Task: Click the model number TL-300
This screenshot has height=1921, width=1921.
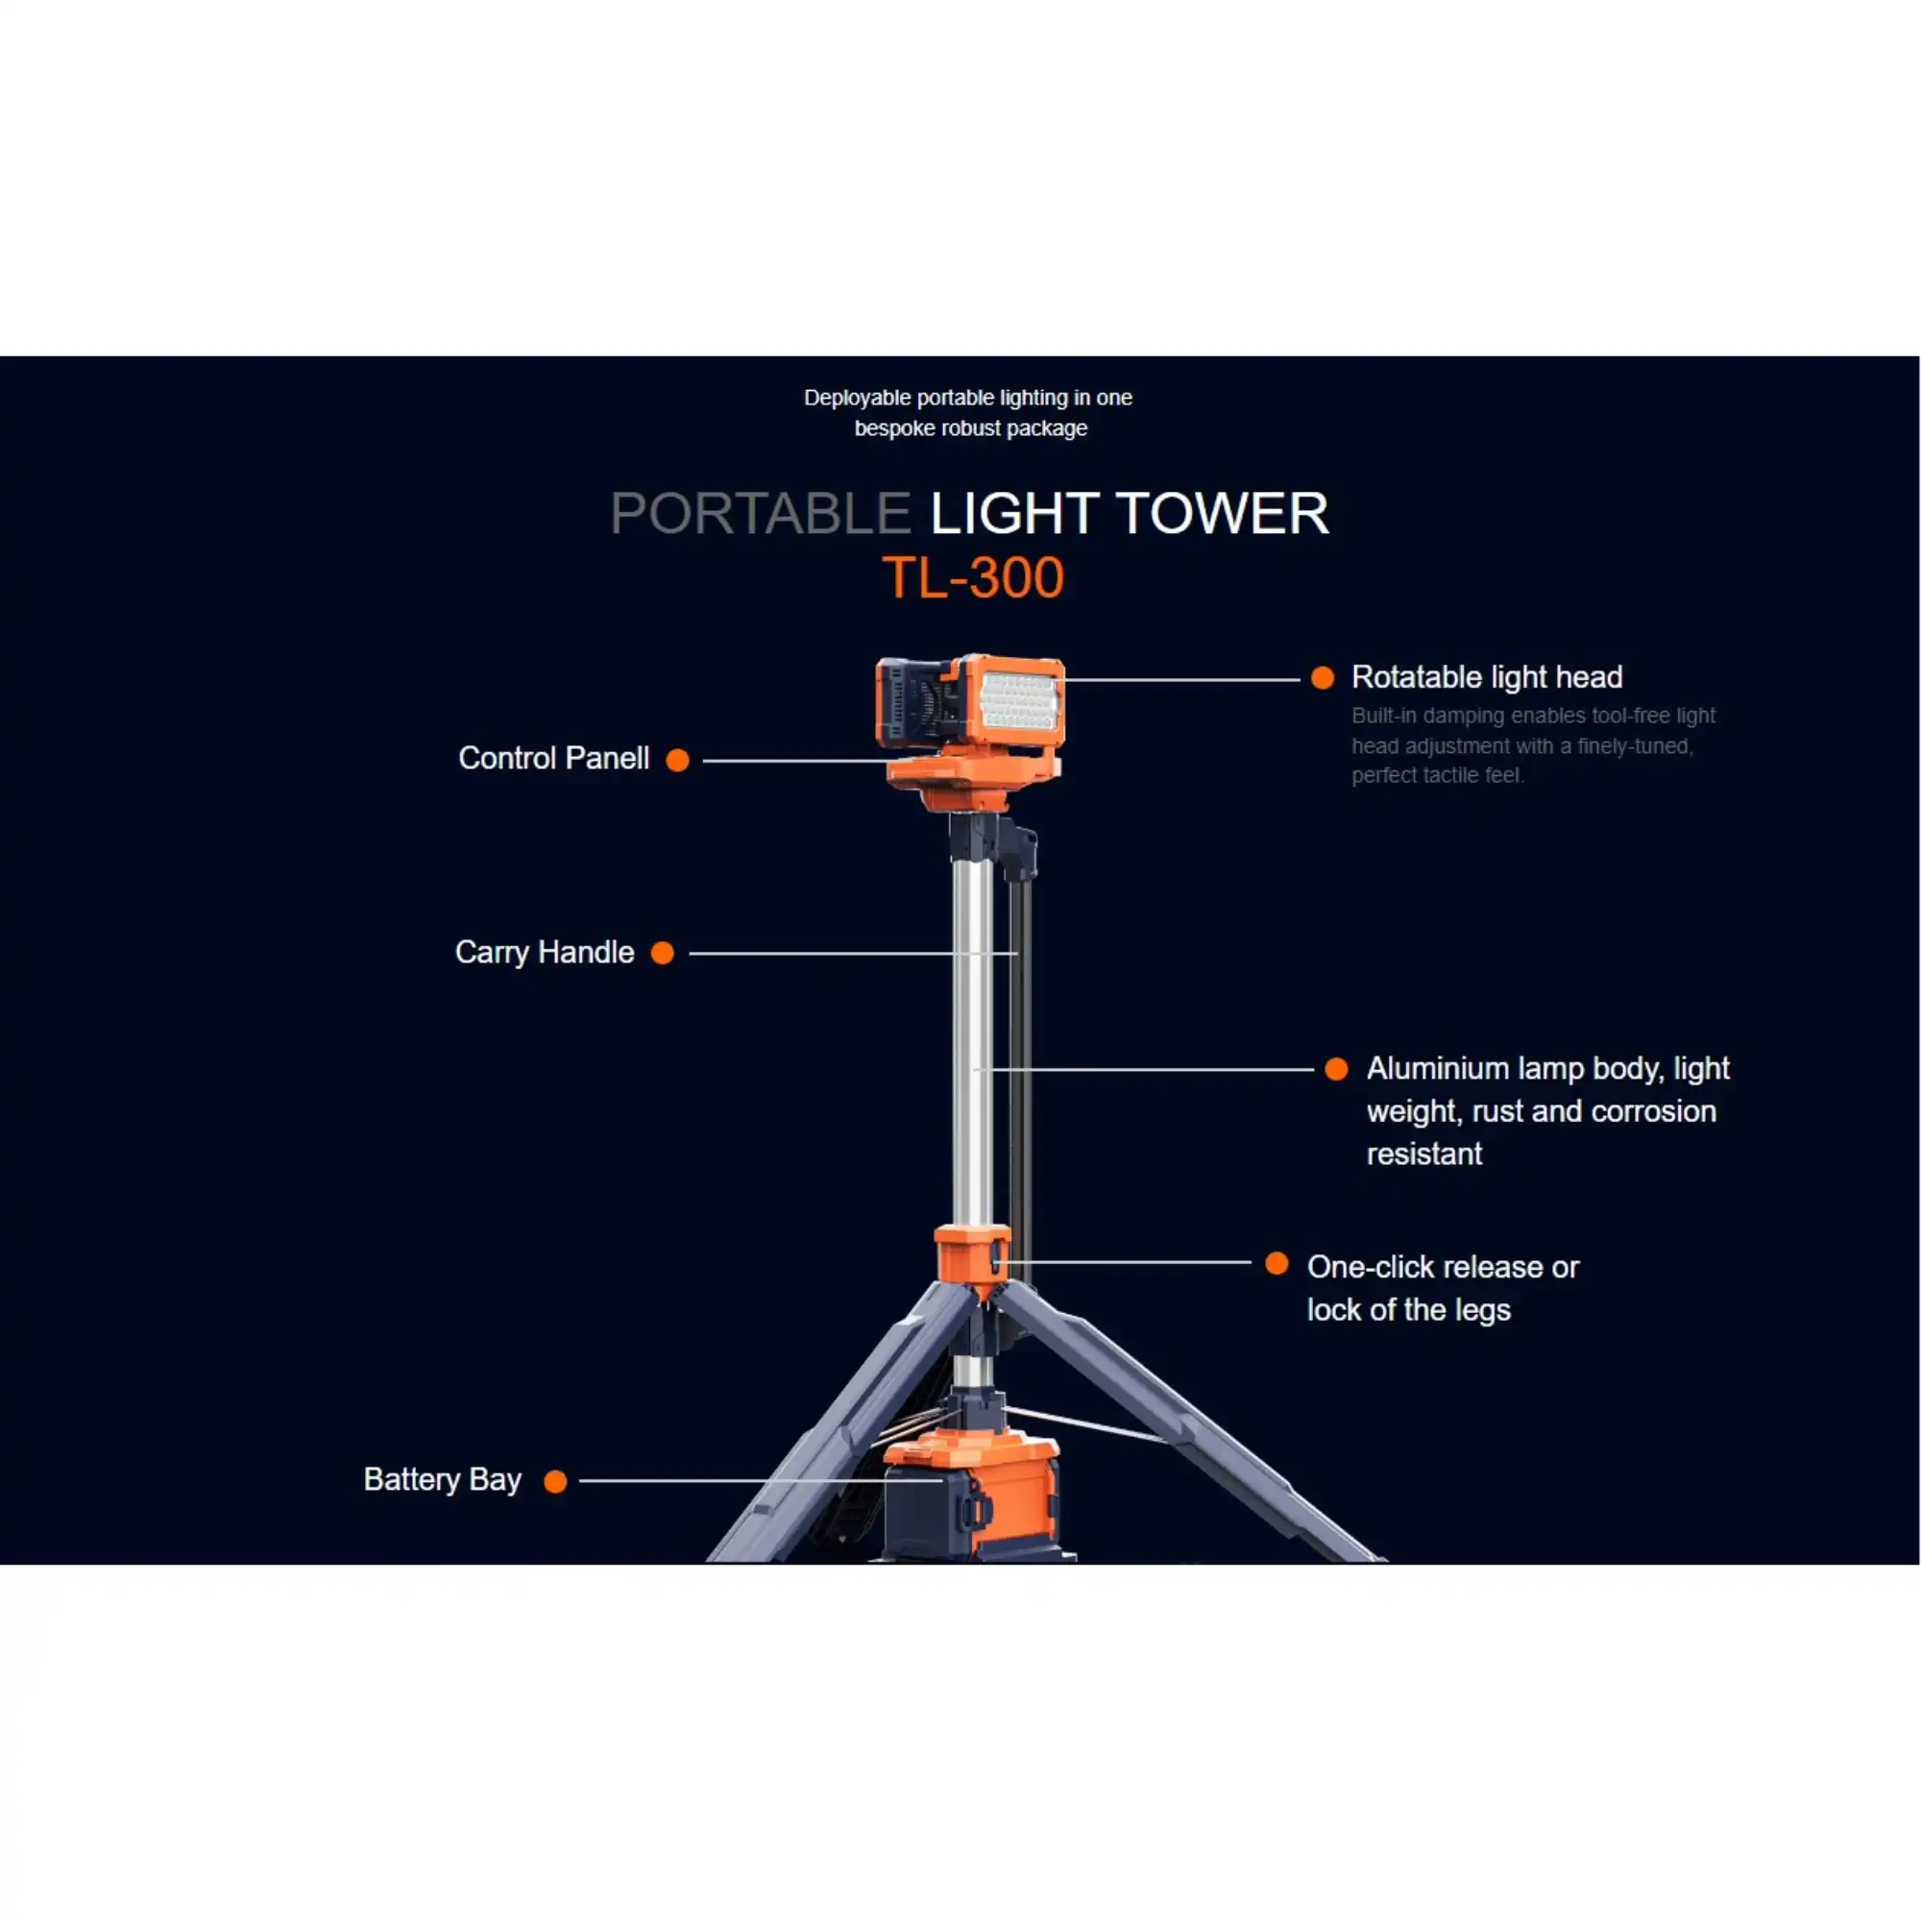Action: point(972,577)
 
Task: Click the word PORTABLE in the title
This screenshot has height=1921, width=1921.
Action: point(761,514)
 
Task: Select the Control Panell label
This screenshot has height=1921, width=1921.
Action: point(553,759)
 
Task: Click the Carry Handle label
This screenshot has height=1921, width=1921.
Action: point(544,953)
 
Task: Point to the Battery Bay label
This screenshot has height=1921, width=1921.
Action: point(443,1479)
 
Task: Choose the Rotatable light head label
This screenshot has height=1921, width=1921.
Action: point(1487,677)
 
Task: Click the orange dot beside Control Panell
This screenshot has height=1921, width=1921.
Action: point(677,761)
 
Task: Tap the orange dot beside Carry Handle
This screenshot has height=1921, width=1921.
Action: point(662,954)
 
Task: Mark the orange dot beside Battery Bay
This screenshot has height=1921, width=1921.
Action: point(556,1482)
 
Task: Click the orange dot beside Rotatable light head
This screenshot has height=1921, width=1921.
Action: point(1323,678)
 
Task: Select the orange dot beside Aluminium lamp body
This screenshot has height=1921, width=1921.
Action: point(1336,1069)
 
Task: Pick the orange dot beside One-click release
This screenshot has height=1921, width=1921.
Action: point(1277,1264)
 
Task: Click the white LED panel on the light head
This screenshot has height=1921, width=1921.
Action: point(1019,701)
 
